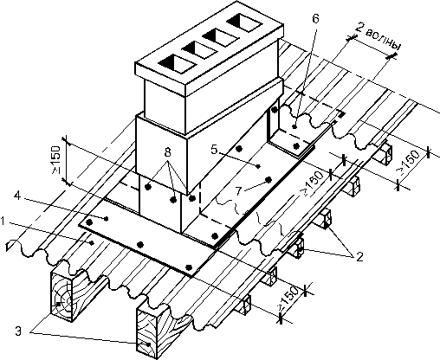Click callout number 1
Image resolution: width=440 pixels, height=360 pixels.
point(3,222)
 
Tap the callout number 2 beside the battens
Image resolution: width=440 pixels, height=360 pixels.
point(359,256)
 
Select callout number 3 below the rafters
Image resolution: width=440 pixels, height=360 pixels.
point(18,331)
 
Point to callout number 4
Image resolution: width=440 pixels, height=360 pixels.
point(17,196)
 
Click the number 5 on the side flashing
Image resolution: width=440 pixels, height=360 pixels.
point(214,150)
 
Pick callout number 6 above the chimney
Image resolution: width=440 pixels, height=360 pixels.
point(315,19)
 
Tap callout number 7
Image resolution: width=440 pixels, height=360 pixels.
point(238,191)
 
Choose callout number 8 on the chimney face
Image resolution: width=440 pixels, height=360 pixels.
point(168,151)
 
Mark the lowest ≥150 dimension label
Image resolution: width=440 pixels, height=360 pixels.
point(288,299)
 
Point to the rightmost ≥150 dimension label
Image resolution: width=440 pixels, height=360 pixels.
point(409,163)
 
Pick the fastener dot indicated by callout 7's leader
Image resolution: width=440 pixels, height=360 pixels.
point(269,180)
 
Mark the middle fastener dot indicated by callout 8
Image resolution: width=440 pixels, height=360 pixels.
point(173,199)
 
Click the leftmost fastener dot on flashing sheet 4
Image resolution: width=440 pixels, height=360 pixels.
point(90,222)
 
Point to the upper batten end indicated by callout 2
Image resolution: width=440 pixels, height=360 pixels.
point(327,219)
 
